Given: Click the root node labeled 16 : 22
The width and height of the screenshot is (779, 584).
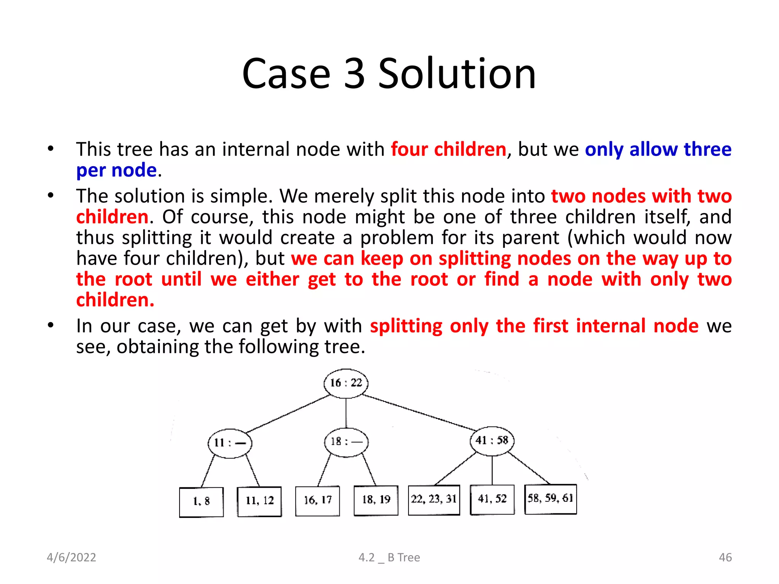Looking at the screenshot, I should pos(346,383).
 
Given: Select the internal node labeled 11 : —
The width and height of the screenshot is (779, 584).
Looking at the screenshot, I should pos(230,443).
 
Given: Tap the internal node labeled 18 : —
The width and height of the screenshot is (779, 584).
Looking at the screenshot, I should pos(346,442).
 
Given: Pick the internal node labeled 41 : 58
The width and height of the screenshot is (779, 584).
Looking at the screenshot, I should pos(492,441).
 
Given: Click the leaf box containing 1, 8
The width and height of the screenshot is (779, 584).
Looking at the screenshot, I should pos(201,502).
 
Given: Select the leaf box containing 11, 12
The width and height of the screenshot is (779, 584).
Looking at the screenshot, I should pos(259,501).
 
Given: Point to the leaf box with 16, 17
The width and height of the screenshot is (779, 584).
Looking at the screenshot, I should pos(318,501).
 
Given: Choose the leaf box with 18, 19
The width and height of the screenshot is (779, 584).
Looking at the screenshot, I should pos(376,500).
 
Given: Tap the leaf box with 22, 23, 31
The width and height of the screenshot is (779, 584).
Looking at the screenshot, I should pos(434,500).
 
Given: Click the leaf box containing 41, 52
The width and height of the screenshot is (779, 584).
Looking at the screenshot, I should pos(492,499).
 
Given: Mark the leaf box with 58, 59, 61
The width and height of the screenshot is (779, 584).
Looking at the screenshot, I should pos(550,499).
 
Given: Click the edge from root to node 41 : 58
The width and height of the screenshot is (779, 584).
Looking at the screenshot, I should pos(418,413).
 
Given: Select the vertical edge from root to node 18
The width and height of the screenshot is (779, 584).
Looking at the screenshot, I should pos(346,413).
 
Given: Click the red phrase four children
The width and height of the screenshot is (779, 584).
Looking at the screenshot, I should pos(448,149).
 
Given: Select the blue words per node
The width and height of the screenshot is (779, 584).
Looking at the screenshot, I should pos(116,170).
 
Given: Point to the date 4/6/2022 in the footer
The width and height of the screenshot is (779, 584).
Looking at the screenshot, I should pos(72,557).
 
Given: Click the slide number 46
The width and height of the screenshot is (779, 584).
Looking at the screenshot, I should pos(725,557).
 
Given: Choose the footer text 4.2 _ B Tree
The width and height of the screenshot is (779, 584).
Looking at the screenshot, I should pos(389,557).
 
